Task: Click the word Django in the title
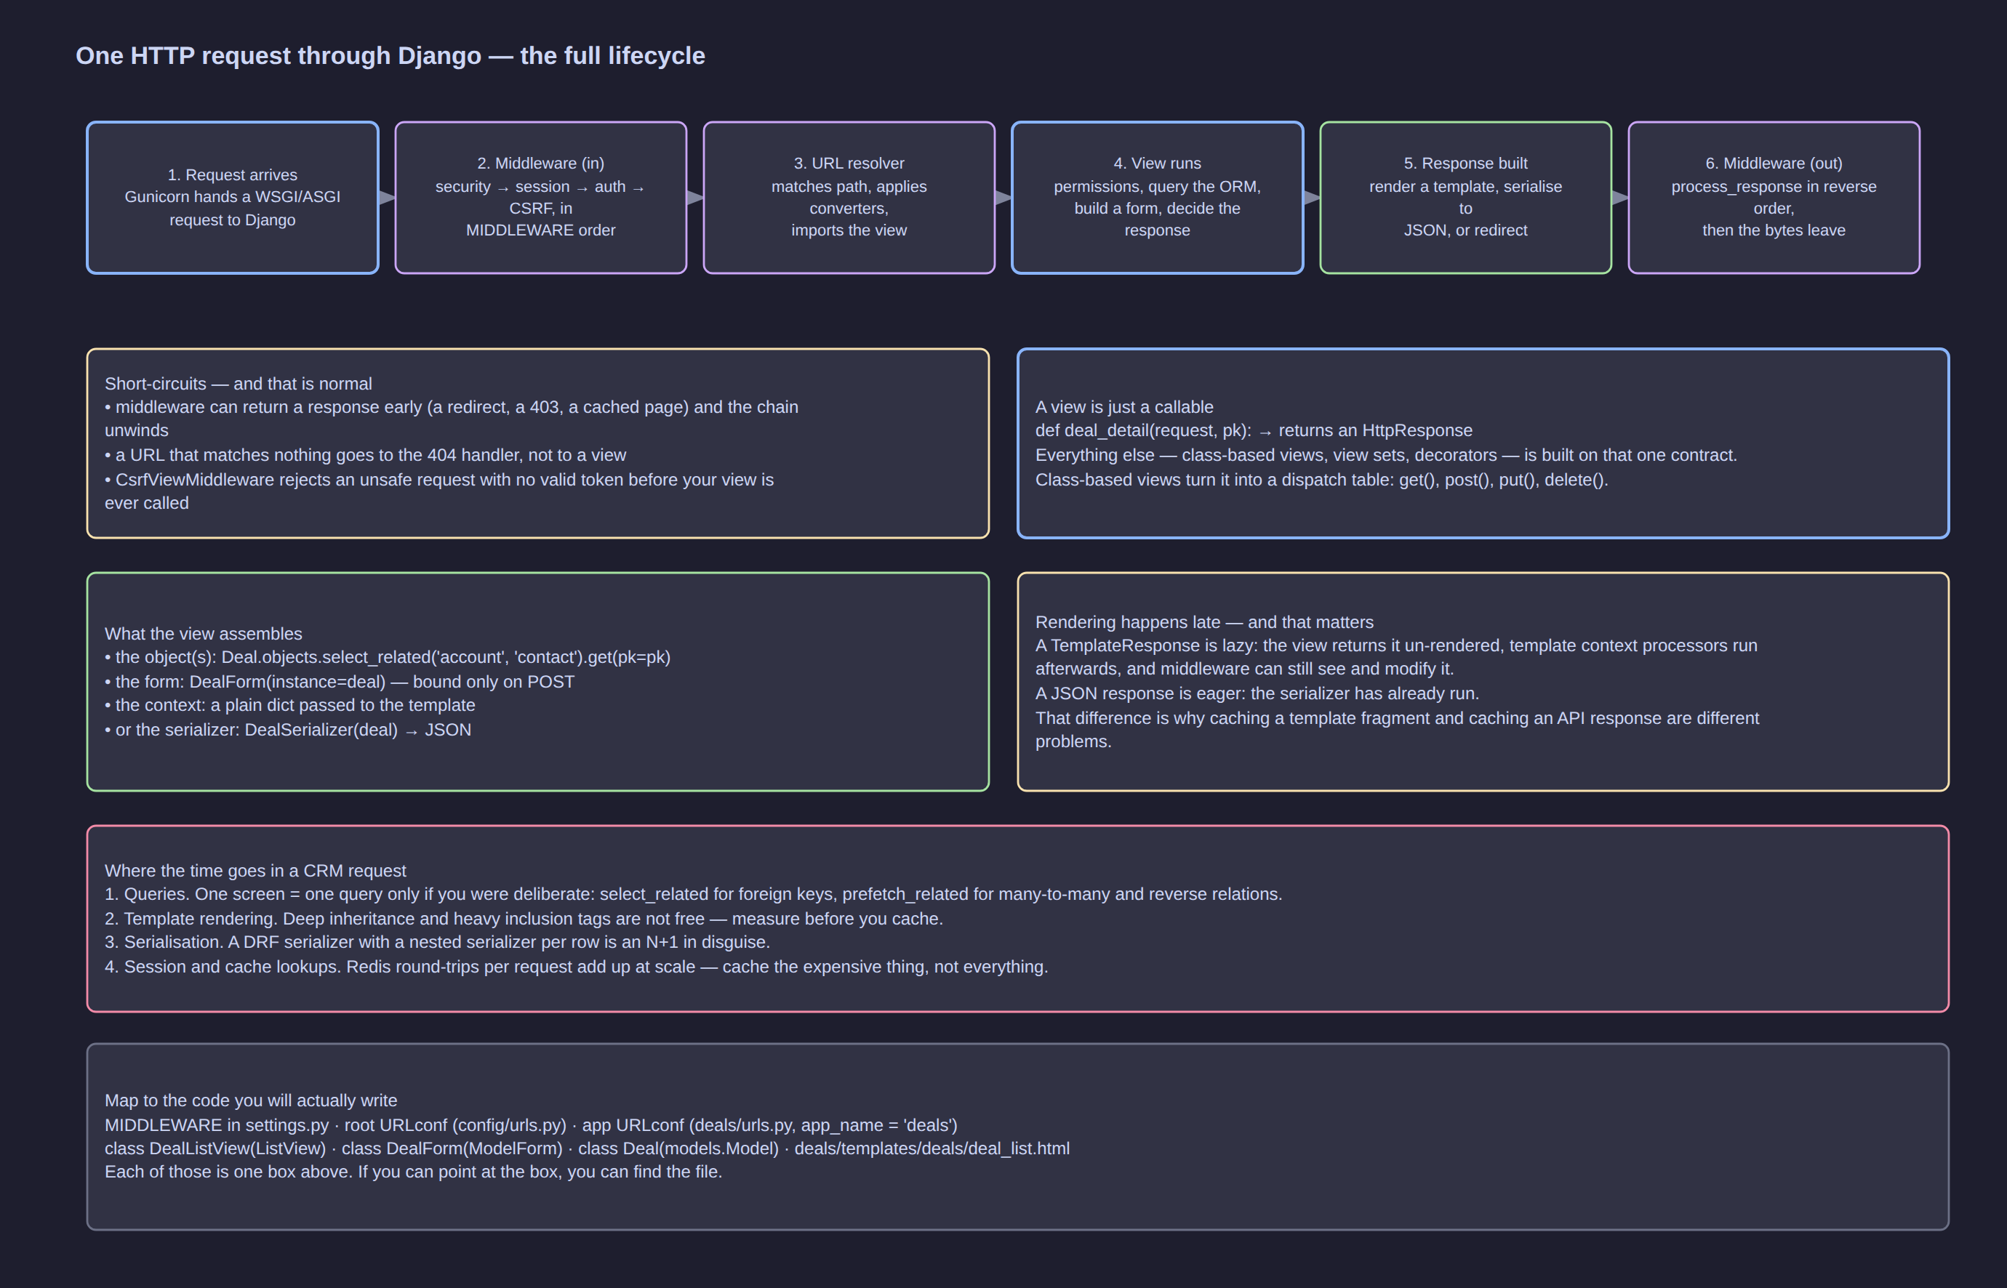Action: tap(439, 56)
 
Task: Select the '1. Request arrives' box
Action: tap(233, 198)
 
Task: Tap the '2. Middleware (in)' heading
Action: tap(540, 163)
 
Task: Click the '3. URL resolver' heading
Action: tap(849, 163)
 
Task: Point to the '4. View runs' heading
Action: tap(1157, 163)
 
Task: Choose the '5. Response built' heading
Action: tap(1466, 163)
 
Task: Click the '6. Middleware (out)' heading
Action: tap(1774, 163)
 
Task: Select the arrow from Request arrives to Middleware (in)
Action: tap(387, 198)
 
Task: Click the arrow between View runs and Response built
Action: tap(1312, 198)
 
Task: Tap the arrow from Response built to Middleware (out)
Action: tap(1619, 198)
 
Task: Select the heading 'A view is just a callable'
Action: tap(1124, 407)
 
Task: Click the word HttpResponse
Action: tap(1417, 431)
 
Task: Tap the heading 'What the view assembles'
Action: tap(204, 634)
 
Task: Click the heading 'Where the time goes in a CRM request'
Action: tap(255, 871)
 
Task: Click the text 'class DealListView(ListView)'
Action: tap(215, 1148)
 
